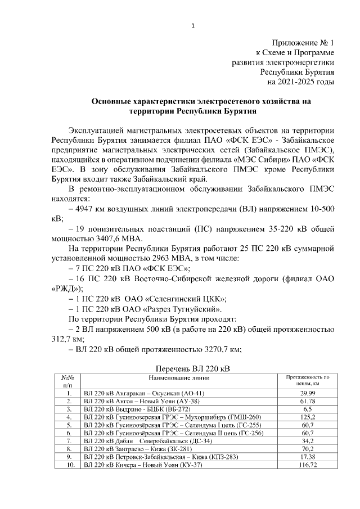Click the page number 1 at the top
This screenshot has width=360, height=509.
(x=192, y=25)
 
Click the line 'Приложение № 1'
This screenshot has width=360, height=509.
(x=303, y=43)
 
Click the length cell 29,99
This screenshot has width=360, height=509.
(x=308, y=392)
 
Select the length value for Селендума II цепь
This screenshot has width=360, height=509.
(x=308, y=433)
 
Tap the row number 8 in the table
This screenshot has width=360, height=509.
(x=67, y=449)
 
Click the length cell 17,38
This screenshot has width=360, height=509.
(x=308, y=457)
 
